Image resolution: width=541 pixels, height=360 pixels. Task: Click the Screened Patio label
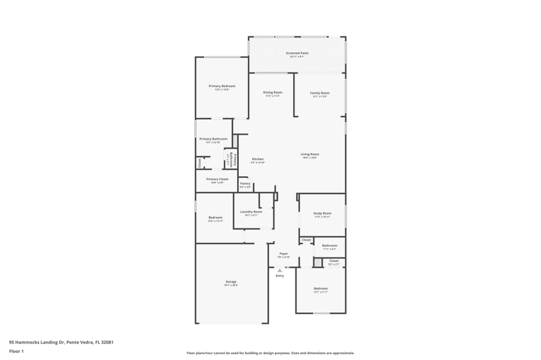pos(297,53)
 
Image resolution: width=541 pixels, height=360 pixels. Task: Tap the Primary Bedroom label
pos(222,86)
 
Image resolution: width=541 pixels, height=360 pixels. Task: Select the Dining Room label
pos(273,92)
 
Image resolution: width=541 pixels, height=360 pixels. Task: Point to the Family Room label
pos(320,93)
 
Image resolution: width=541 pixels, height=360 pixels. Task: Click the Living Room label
pos(310,154)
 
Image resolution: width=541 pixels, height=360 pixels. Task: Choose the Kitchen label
pos(258,159)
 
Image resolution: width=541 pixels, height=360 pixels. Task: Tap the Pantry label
pos(245,184)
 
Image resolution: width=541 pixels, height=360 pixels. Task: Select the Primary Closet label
pos(217,179)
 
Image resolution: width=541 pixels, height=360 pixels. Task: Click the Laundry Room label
pos(251,212)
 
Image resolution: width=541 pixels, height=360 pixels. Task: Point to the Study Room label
pos(322,213)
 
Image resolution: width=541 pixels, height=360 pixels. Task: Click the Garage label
pos(231,282)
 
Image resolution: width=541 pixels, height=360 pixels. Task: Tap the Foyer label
pos(283,254)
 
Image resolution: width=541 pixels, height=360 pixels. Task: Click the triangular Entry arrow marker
pos(280,271)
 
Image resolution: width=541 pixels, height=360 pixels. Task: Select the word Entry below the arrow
pos(280,276)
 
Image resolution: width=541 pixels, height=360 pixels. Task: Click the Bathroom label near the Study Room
pos(329,246)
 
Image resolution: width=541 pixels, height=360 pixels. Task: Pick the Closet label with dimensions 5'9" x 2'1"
pos(334,261)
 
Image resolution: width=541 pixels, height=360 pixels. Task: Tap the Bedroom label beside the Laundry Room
pos(215,218)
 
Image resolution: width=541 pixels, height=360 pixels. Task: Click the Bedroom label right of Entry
pos(321,289)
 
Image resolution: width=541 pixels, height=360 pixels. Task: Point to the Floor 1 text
pos(17,351)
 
